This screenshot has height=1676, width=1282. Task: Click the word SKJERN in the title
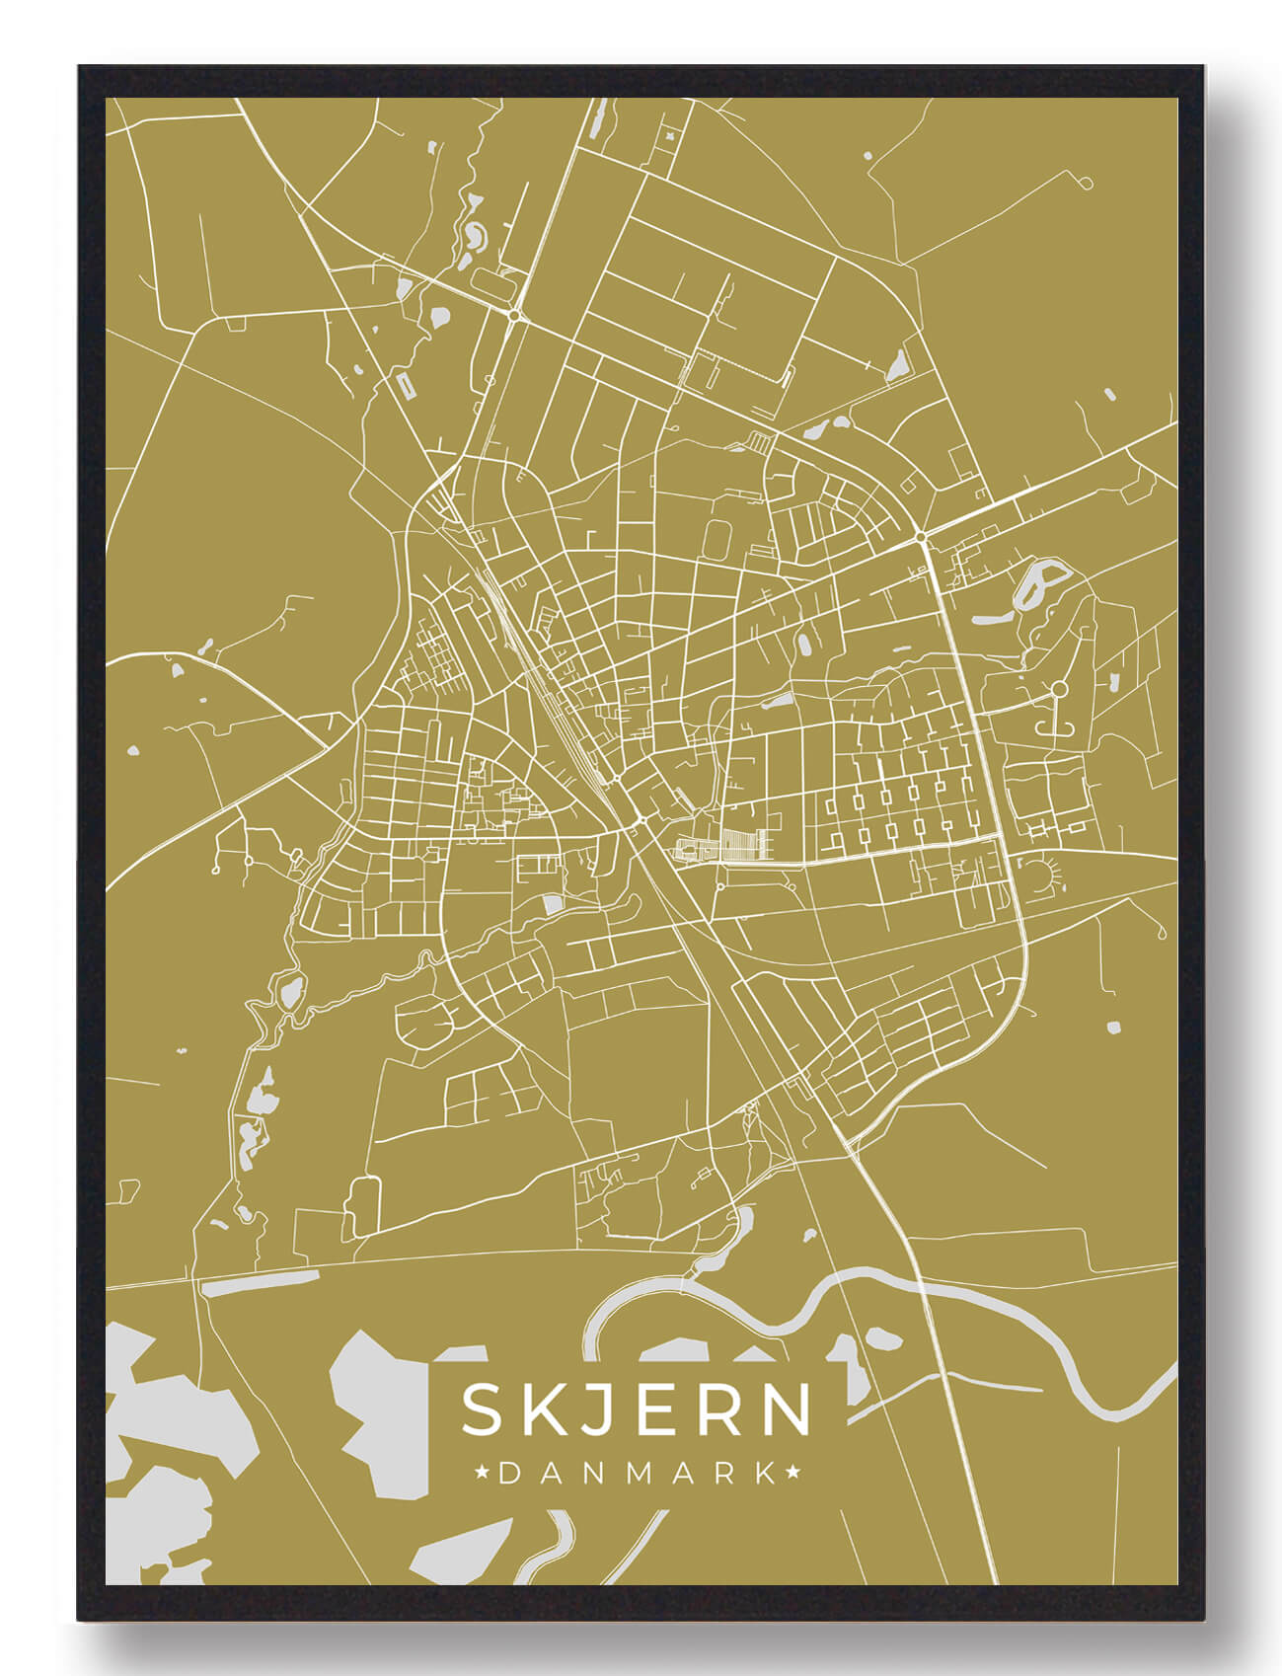click(x=637, y=1409)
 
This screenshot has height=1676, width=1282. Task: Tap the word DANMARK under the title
click(x=637, y=1474)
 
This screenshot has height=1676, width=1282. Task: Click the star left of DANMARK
click(x=484, y=1474)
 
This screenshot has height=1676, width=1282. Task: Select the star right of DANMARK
click(x=792, y=1474)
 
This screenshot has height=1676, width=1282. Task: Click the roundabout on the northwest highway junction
click(x=514, y=315)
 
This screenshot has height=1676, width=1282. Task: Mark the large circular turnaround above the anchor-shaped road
click(x=1059, y=688)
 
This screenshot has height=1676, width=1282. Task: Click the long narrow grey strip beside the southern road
click(x=260, y=1283)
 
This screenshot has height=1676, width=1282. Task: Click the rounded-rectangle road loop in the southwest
click(x=362, y=1206)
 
